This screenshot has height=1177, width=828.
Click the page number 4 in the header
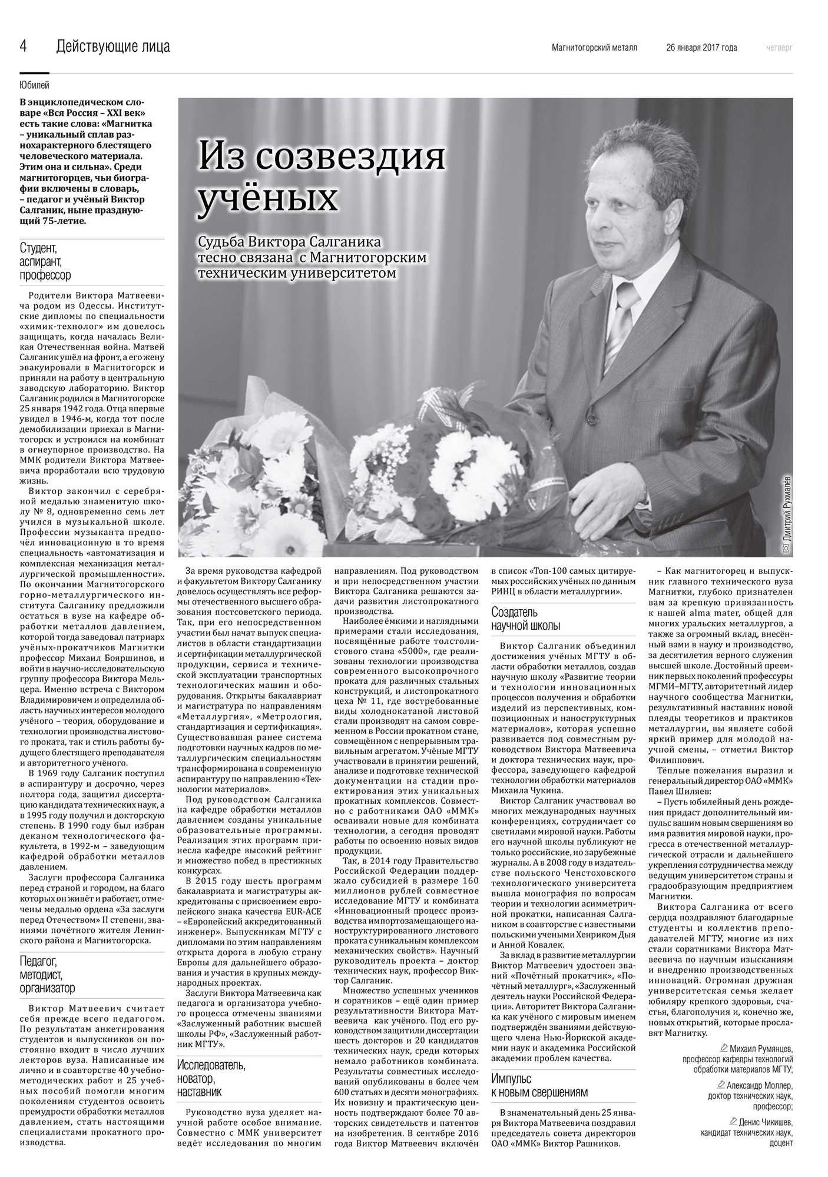24,46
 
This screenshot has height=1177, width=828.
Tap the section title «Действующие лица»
113,46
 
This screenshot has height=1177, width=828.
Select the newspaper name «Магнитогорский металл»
594,48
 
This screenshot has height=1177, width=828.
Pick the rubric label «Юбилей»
35,86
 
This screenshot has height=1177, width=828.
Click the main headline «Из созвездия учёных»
321,176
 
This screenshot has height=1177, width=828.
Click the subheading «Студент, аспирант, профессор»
45,261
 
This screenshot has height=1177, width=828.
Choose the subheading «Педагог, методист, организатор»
48,975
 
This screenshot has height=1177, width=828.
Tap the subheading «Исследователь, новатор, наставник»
211,1078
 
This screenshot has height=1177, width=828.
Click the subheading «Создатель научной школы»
526,619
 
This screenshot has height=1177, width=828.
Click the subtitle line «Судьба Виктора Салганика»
290,242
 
